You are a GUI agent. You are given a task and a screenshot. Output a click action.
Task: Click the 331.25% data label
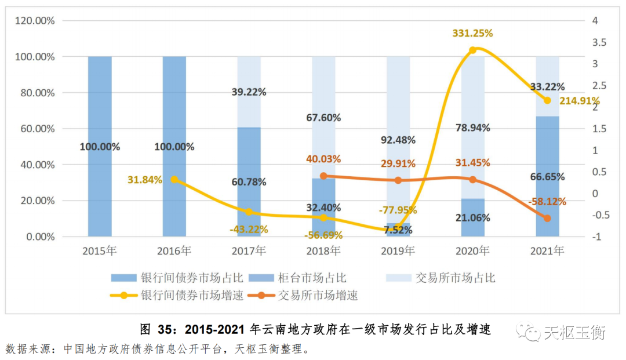coord(472,34)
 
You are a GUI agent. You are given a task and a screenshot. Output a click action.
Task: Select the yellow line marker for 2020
coord(472,50)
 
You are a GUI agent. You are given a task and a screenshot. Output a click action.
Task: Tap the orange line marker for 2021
coord(547,219)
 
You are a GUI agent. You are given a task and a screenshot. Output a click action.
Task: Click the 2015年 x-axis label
coord(100,251)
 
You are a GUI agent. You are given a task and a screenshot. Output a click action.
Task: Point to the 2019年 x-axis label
coord(398,251)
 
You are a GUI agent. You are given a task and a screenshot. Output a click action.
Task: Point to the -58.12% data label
coord(547,202)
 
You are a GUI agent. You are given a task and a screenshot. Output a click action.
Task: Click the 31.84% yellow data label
coord(145,179)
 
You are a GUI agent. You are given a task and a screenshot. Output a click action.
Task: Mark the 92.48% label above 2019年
coord(398,140)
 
